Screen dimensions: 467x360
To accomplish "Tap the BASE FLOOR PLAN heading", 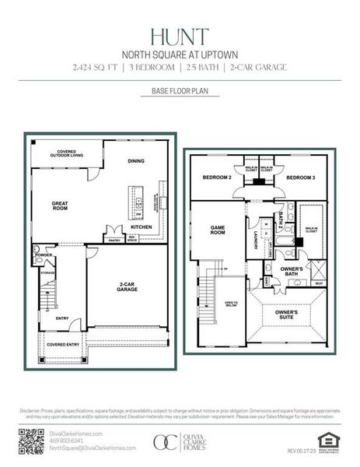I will click(x=180, y=92).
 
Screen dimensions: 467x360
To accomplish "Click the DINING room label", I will click(x=137, y=161).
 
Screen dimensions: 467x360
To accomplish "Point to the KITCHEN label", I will click(x=142, y=226).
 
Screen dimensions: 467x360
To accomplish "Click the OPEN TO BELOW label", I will click(x=230, y=304).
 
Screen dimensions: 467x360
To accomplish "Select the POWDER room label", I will click(x=44, y=255).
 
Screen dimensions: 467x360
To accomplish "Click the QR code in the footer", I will click(x=30, y=441).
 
